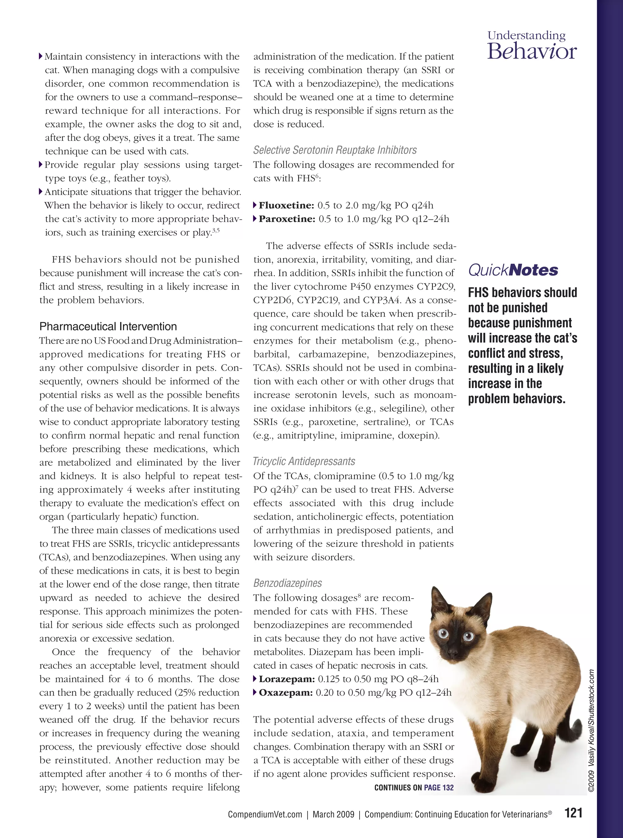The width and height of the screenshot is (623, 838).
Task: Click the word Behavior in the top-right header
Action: [532, 52]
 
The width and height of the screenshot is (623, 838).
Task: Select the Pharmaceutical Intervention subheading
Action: [108, 326]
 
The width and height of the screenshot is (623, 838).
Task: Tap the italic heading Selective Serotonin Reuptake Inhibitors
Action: [335, 150]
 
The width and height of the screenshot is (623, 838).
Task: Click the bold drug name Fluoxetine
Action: [286, 206]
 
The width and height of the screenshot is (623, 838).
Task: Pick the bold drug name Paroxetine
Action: [287, 219]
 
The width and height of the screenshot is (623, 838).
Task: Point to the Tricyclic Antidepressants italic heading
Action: [304, 461]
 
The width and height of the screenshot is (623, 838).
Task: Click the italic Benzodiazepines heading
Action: [287, 583]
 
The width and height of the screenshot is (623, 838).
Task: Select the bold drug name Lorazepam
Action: [287, 679]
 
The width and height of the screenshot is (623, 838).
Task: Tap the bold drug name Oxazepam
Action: [285, 693]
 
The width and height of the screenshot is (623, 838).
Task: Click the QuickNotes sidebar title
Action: [513, 270]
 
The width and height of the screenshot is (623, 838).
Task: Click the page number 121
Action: [574, 812]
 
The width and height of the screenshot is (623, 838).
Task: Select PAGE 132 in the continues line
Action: [439, 788]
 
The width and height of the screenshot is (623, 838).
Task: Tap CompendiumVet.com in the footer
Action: [265, 815]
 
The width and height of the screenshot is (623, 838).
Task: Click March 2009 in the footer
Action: [333, 815]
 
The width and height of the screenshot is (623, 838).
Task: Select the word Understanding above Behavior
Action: [527, 36]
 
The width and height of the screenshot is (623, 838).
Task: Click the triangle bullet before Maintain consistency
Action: [41, 57]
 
